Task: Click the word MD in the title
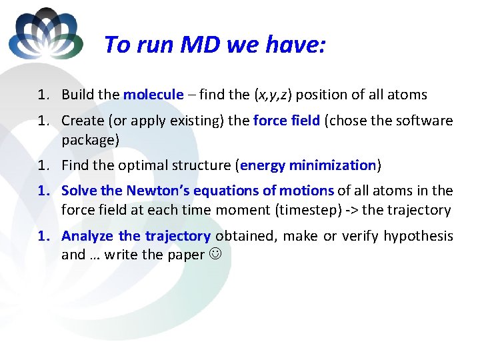(199, 45)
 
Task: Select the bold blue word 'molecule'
(153, 95)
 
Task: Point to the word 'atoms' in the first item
(407, 95)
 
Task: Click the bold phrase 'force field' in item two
(286, 121)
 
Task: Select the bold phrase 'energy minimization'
(309, 165)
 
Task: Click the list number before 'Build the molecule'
(44, 95)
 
